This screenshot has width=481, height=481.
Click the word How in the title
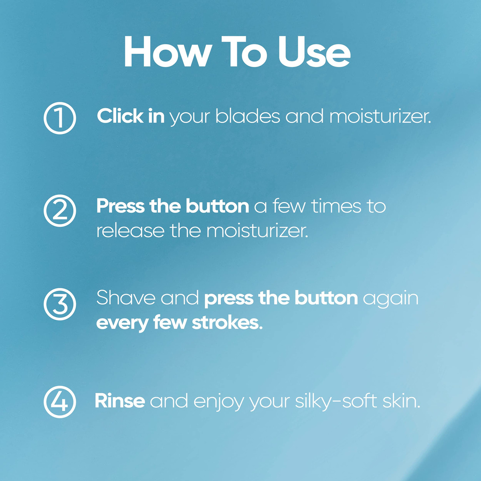click(x=166, y=52)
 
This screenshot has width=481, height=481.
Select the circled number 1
click(x=60, y=118)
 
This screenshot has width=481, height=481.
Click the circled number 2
click(x=60, y=211)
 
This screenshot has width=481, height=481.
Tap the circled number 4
click(x=60, y=402)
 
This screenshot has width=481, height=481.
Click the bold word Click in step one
click(x=120, y=116)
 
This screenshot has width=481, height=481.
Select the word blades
click(x=247, y=116)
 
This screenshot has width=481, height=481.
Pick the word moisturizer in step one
click(x=380, y=116)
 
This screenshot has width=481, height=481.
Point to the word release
click(x=130, y=230)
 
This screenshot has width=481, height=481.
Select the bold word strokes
click(x=227, y=323)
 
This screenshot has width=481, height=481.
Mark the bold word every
click(x=122, y=324)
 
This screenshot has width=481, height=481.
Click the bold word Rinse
click(x=120, y=401)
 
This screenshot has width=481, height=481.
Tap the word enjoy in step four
click(x=218, y=402)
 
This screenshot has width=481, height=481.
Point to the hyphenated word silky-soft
click(x=336, y=401)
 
